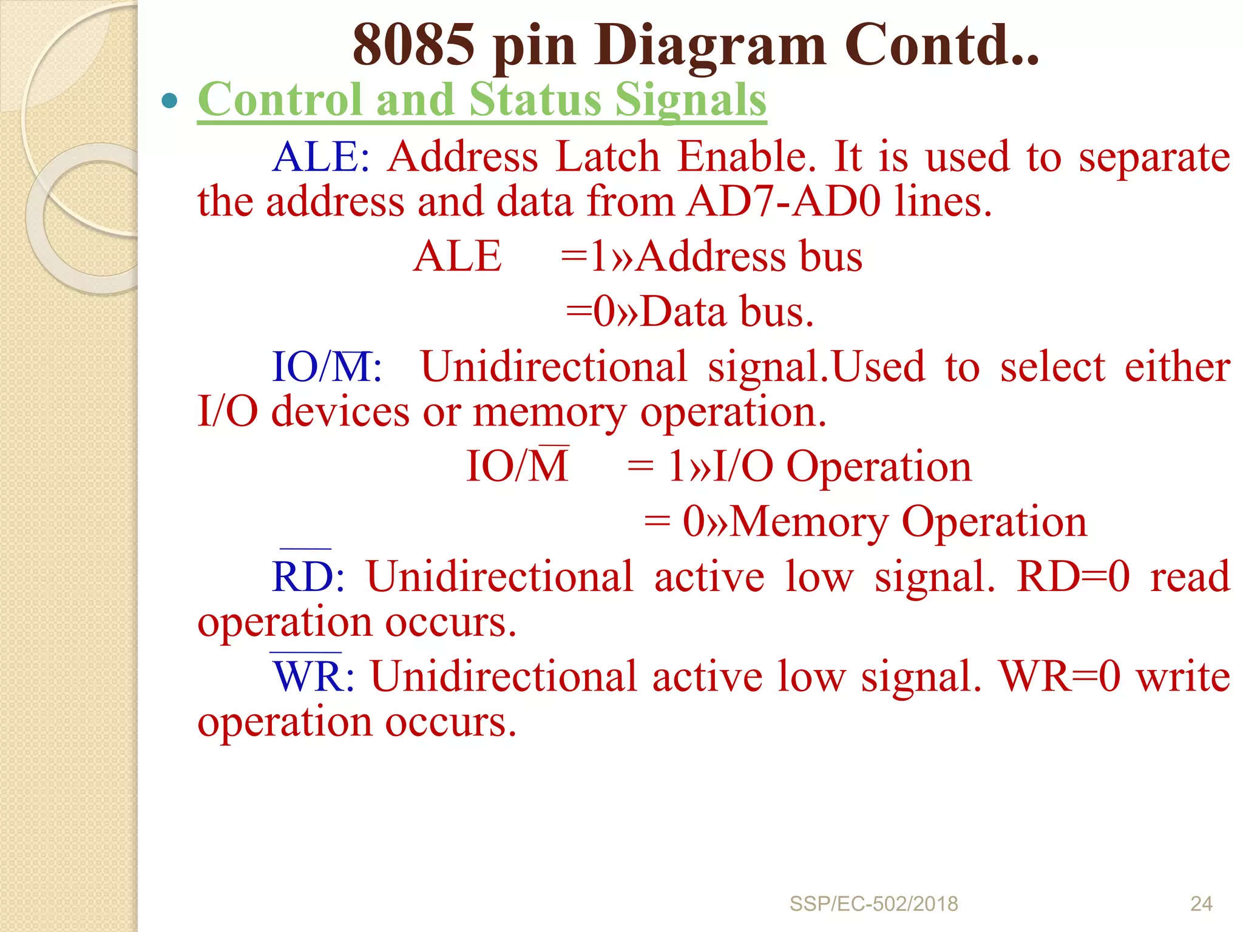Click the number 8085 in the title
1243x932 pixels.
click(413, 45)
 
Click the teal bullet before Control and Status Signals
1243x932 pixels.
click(170, 101)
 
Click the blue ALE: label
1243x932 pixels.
click(321, 157)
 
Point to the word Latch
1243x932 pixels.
click(608, 157)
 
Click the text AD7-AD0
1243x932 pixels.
click(784, 202)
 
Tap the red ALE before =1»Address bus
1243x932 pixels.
click(458, 257)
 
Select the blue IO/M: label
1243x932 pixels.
click(327, 367)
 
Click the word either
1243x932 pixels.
click(1177, 367)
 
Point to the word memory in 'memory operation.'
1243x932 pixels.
click(549, 413)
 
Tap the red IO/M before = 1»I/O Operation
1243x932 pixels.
click(517, 467)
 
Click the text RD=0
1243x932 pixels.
click(1073, 576)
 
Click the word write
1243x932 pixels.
click(1183, 677)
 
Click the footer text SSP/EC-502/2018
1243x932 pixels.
click(873, 904)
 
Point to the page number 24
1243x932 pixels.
click(1201, 904)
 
